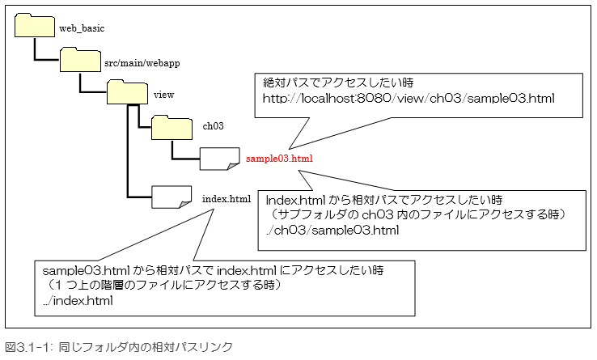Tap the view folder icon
(127, 91)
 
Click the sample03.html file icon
(219, 158)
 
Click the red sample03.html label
(280, 159)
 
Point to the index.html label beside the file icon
(227, 197)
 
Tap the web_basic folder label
(82, 28)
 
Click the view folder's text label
(163, 95)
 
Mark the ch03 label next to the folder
(213, 127)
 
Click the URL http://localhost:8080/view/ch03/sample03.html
(409, 98)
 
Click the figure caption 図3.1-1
(119, 347)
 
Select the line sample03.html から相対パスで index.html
(205, 270)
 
